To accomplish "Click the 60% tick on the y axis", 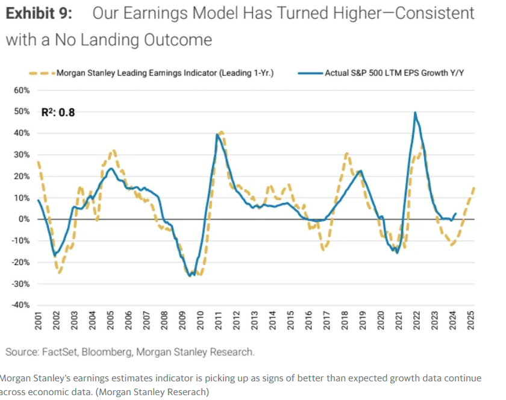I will (22, 90).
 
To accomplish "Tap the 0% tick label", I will (23, 219).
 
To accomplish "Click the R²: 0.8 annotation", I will (58, 112).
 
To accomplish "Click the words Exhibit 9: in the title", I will (42, 14).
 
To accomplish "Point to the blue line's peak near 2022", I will (415, 113).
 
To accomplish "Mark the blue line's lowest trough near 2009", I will (190, 275).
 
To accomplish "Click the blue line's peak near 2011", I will (217, 134).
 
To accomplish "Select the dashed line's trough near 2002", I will (59, 272).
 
